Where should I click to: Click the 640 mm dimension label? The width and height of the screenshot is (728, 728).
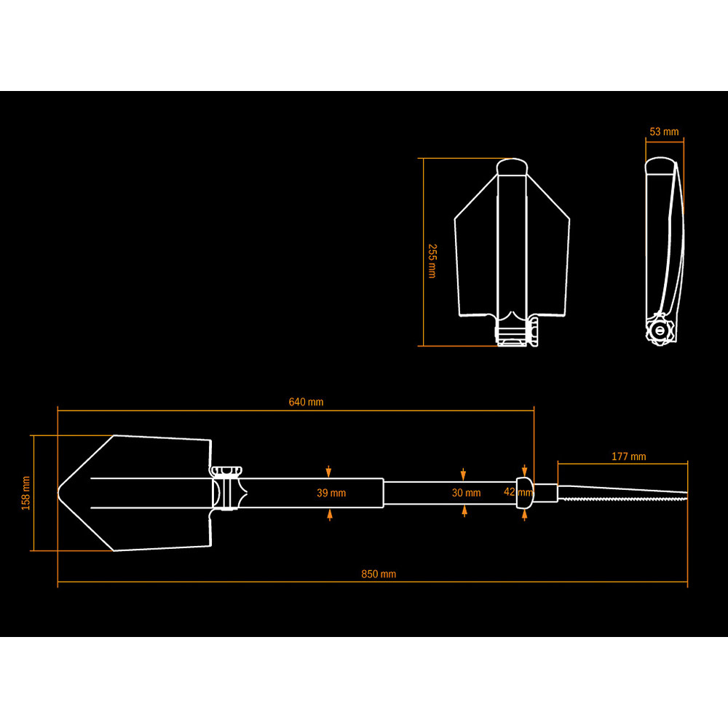point(306,402)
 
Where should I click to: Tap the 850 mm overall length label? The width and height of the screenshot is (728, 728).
point(379,574)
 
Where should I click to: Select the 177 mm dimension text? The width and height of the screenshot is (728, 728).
point(628,456)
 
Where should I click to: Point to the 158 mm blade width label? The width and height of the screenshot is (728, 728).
point(26,493)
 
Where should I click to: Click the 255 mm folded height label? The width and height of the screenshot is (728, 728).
point(432,261)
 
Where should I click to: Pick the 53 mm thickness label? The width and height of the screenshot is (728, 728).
point(663,132)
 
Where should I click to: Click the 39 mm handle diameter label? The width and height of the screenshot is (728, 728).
point(331,493)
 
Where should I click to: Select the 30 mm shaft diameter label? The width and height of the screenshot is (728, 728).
point(466,493)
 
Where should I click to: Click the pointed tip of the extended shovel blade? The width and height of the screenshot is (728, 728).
point(60,493)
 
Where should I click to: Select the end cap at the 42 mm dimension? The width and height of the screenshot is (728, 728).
point(525,491)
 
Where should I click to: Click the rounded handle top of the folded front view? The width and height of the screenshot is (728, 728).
point(511,166)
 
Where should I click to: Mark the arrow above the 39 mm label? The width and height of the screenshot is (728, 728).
point(330,471)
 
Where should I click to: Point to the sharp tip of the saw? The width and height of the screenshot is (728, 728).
point(687,495)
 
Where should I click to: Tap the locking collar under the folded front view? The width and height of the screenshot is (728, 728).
point(513,335)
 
